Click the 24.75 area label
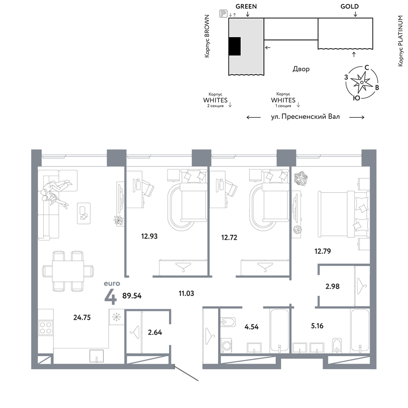pyautogui.click(x=82, y=317)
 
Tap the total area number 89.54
pyautogui.click(x=132, y=296)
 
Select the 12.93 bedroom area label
pyautogui.click(x=149, y=236)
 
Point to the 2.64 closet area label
pyautogui.click(x=155, y=332)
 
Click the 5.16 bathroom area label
pyautogui.click(x=317, y=326)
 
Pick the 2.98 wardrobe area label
pyautogui.click(x=333, y=286)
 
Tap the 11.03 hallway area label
pyautogui.click(x=186, y=293)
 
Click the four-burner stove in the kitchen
pyautogui.click(x=46, y=327)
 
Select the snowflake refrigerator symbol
pyautogui.click(x=116, y=317)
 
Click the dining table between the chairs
pyautogui.click(x=68, y=271)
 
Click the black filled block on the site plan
pyautogui.click(x=235, y=47)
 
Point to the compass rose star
pyautogui.click(x=361, y=82)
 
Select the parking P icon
pyautogui.click(x=223, y=13)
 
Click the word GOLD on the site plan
pyautogui.click(x=350, y=7)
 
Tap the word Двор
pyautogui.click(x=301, y=69)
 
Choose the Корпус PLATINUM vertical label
pyautogui.click(x=401, y=41)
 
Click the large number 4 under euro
pyautogui.click(x=110, y=297)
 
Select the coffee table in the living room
pyautogui.click(x=84, y=213)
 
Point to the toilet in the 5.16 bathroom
pyautogui.click(x=337, y=345)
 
